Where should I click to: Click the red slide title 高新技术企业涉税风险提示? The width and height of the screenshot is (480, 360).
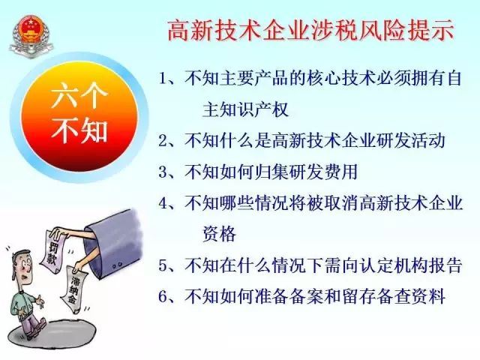[x=310, y=31]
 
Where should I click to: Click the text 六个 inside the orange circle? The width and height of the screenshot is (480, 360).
[x=79, y=95]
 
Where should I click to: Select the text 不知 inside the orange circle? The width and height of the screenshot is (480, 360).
[x=79, y=130]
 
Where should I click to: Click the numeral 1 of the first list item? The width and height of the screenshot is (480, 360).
[x=163, y=79]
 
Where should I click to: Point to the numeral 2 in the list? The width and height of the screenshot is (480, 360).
[x=163, y=141]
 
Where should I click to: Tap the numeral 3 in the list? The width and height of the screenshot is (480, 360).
[x=163, y=172]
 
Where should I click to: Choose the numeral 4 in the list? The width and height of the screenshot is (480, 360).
[x=163, y=203]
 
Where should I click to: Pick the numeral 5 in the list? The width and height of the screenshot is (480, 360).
[x=163, y=265]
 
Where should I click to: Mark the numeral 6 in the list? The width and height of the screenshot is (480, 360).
[x=163, y=297]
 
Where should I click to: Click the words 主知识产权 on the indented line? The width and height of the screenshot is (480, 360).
[x=245, y=110]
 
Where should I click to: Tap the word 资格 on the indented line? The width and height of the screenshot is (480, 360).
[x=220, y=234]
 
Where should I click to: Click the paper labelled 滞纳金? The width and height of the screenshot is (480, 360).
[x=74, y=290]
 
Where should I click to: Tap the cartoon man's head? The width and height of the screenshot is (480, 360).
[x=22, y=265]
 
